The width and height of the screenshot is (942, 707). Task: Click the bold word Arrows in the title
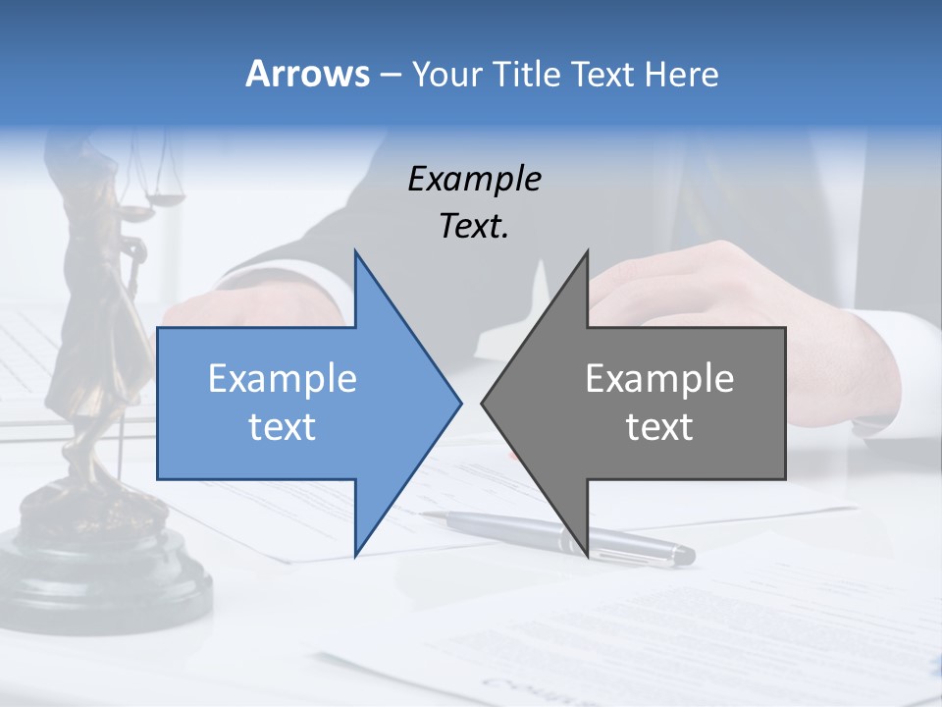click(308, 74)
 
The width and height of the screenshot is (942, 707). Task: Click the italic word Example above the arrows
click(474, 179)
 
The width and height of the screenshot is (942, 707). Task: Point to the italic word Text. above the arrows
click(474, 226)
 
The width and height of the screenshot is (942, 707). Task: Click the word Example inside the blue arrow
click(283, 378)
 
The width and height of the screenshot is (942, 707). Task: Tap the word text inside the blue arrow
click(283, 427)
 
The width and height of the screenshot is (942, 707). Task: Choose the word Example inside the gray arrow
click(659, 378)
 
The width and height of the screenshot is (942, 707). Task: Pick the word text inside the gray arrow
click(659, 427)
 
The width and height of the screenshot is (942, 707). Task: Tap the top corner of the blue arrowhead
click(355, 253)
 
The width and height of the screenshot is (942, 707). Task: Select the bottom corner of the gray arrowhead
click(587, 555)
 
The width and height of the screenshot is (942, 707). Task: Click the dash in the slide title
click(390, 75)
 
